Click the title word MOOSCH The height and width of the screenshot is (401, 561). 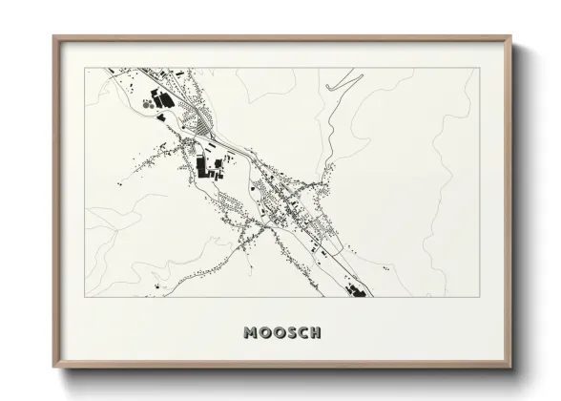[282, 333]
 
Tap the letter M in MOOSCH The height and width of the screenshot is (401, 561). [251, 333]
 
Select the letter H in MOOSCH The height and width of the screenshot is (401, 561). [315, 333]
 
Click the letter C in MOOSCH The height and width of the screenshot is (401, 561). [302, 333]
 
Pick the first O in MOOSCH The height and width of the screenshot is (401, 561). [264, 333]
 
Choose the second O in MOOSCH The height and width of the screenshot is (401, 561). [278, 333]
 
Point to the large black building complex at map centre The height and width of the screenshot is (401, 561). [203, 168]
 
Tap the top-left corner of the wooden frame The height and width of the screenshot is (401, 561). [54, 38]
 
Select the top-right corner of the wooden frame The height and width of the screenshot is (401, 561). [511, 38]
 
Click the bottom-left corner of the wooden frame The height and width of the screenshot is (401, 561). [54, 369]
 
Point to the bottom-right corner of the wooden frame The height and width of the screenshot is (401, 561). [511, 369]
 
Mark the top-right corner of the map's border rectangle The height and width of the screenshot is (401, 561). [476, 68]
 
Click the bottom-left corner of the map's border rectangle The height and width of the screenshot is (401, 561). [86, 297]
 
